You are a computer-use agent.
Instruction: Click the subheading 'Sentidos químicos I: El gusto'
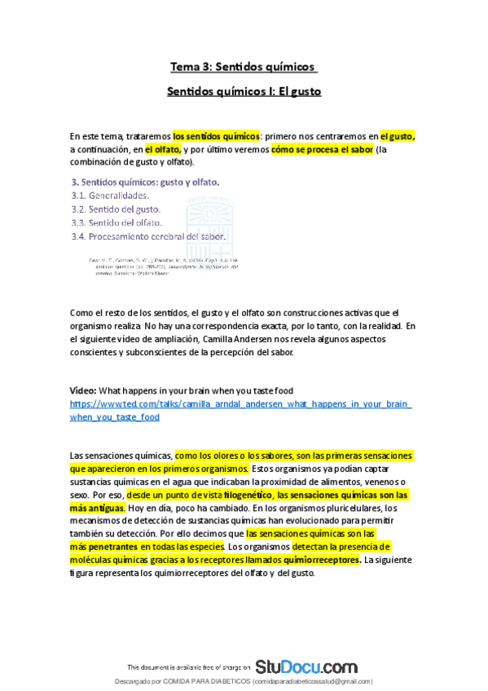tap(244, 91)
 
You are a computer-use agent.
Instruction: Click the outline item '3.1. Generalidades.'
tap(110, 196)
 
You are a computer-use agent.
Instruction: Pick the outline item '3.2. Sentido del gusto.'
tap(117, 209)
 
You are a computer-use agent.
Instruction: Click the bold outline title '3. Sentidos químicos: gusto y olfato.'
tap(146, 182)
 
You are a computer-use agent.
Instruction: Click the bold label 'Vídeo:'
tap(83, 391)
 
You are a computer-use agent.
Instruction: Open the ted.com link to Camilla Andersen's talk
tap(240, 404)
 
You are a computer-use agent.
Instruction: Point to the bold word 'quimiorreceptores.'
tap(317, 560)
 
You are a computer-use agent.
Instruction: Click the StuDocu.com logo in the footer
tap(306, 667)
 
